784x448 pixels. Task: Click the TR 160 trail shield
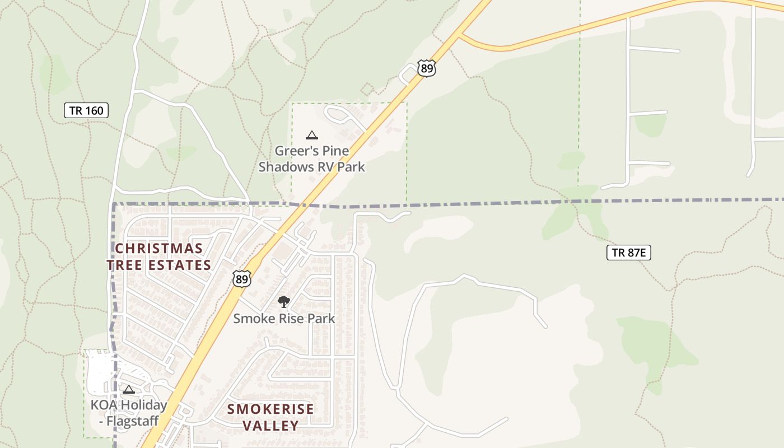click(86, 110)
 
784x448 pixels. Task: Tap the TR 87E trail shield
click(628, 253)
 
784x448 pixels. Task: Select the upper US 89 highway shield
click(426, 68)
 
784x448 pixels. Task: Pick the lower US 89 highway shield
click(241, 278)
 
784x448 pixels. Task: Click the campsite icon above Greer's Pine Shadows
click(312, 135)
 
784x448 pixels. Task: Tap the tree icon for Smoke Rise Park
click(284, 302)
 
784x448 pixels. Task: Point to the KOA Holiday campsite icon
click(129, 389)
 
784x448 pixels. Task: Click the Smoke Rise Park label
click(284, 319)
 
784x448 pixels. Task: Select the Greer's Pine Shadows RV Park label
click(311, 158)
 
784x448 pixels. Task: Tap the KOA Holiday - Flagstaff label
click(129, 413)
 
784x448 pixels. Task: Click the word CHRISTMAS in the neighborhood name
click(158, 248)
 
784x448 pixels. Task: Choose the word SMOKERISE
click(270, 409)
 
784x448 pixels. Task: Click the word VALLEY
click(270, 426)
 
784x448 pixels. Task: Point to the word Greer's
click(294, 151)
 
